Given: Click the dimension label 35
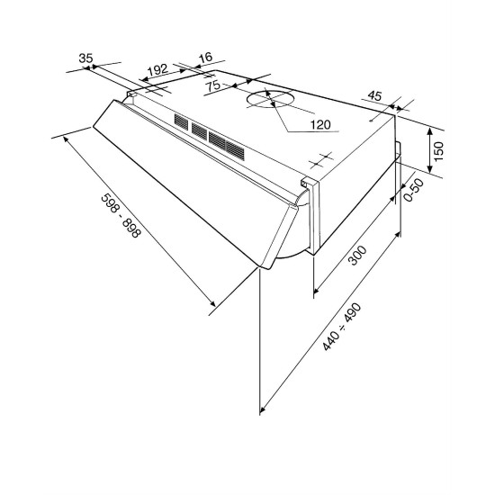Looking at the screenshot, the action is [85, 58].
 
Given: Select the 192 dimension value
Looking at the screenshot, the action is [157, 70].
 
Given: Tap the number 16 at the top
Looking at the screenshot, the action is [206, 58].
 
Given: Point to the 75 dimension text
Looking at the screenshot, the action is [213, 85].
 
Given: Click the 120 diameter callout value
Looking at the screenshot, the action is [320, 125].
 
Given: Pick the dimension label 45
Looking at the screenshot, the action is [375, 95].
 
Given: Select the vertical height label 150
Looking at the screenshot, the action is [438, 151].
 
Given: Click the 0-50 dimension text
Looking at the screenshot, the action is [414, 190].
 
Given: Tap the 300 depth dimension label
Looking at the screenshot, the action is [357, 255].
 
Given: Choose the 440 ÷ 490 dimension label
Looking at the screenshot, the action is [342, 327].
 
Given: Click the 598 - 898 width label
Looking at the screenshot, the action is [120, 216].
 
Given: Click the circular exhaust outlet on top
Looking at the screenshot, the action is [269, 100].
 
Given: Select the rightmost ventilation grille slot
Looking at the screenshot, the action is [235, 151].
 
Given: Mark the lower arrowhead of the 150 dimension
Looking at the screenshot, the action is [429, 169].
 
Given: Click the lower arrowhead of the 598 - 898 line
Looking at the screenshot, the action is [212, 302].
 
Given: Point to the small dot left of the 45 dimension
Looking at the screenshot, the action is [371, 121].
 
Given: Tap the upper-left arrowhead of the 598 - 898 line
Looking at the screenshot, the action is [67, 139].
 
